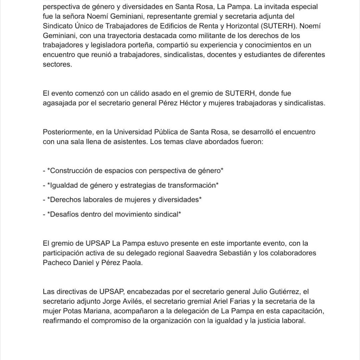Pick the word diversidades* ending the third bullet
[x=181, y=199]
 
